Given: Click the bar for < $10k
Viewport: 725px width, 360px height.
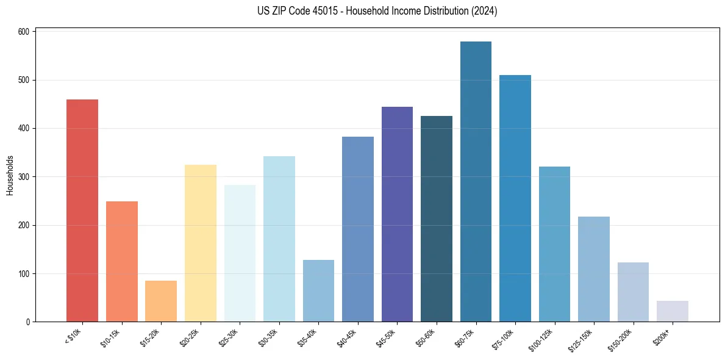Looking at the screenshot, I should [x=82, y=211].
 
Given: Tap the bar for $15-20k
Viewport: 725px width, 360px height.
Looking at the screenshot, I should [x=161, y=301].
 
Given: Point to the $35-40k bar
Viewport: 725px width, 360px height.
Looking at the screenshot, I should [x=318, y=291].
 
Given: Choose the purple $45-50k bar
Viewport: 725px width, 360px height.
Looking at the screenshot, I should [x=397, y=214].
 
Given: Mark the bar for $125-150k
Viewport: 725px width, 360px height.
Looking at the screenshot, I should [x=593, y=269].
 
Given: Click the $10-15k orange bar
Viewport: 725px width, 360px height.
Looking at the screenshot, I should [x=121, y=261].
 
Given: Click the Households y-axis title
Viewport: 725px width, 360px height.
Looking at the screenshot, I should [x=10, y=176].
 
